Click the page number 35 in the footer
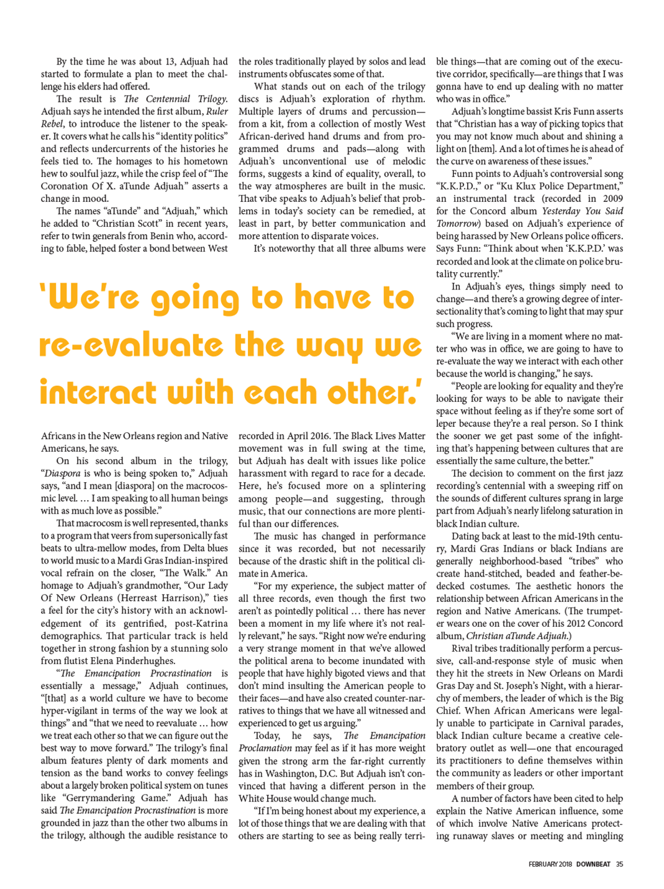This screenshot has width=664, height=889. point(619,864)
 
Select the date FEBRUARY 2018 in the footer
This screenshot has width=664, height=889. point(550,864)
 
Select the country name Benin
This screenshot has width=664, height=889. point(143,236)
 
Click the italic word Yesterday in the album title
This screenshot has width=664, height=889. point(563,211)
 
